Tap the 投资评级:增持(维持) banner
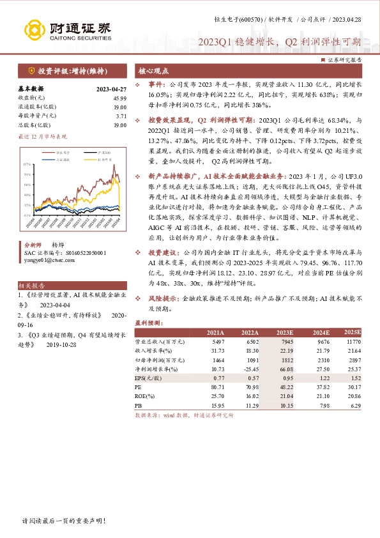(x=62, y=70)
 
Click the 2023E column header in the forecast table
(x=284, y=333)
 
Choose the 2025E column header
(x=351, y=333)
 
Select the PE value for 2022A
(x=250, y=387)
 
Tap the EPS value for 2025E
(x=354, y=378)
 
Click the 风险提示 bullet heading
(x=163, y=298)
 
